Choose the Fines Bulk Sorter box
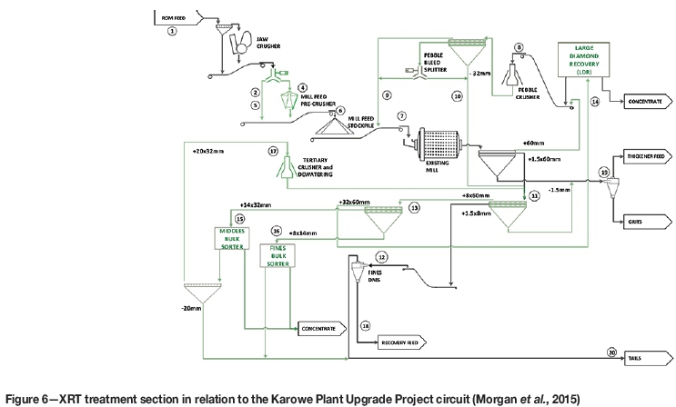tap(278, 256)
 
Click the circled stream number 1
tap(172, 31)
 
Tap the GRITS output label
tap(634, 221)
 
